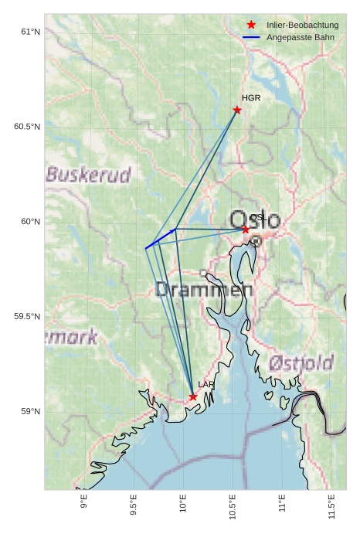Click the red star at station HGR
[237, 110]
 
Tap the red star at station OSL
[246, 230]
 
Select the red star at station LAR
[193, 396]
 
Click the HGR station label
[251, 98]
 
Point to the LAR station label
[206, 384]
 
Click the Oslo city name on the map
[256, 219]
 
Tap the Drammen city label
[204, 291]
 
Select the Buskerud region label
[88, 175]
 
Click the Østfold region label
[301, 362]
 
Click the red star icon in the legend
[251, 26]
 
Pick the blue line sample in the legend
[251, 37]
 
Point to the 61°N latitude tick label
[30, 32]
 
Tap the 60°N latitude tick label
[30, 222]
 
